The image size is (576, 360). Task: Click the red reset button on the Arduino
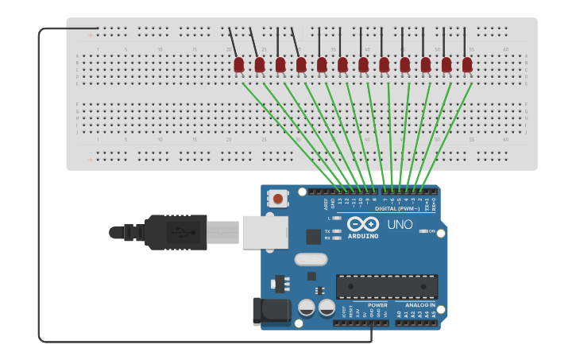[x=278, y=197]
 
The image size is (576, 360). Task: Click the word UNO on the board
[x=400, y=225]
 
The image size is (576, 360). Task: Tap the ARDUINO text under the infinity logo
[x=362, y=236]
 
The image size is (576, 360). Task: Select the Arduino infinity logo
[x=362, y=224]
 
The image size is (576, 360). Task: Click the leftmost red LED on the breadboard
[x=239, y=64]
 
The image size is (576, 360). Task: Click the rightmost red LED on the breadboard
[x=467, y=64]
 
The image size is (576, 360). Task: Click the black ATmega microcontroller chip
[x=386, y=286]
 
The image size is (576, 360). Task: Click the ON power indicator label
[x=431, y=231]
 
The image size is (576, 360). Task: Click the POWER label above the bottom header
[x=377, y=305]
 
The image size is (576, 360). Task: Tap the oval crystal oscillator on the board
[x=311, y=259]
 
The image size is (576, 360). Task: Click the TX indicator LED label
[x=327, y=230]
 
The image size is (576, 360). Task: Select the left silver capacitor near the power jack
[x=307, y=308]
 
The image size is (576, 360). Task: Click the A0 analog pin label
[x=399, y=315]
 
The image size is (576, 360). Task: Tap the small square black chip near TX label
[x=313, y=236]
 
